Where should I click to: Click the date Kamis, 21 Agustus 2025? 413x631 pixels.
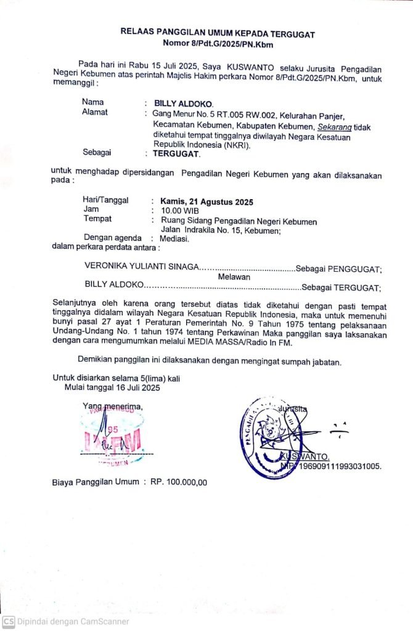(x=206, y=201)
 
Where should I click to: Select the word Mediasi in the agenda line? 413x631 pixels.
(x=174, y=238)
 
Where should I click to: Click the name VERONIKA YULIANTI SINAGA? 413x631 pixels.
(x=142, y=267)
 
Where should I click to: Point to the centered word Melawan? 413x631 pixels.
(x=234, y=277)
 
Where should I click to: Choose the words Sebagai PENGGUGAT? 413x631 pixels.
(x=339, y=268)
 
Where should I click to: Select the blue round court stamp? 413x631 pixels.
(x=270, y=436)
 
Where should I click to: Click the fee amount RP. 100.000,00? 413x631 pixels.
(x=179, y=482)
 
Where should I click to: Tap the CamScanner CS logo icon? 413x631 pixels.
(x=8, y=621)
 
